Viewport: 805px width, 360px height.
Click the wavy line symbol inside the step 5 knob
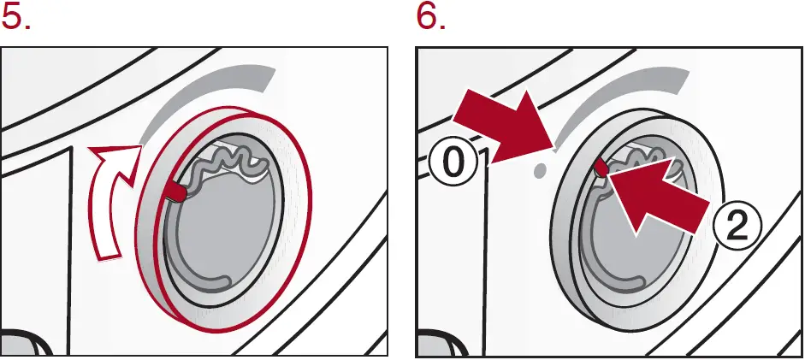click(x=226, y=162)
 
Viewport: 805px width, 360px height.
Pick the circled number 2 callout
click(x=734, y=224)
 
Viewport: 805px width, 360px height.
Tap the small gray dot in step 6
click(x=539, y=170)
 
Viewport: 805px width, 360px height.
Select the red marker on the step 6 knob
click(x=601, y=168)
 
